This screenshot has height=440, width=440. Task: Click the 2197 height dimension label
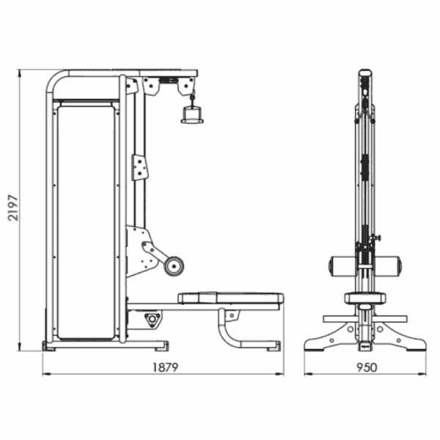13,208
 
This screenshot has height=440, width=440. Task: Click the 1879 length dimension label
165,367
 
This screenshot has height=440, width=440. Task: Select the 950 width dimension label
367,367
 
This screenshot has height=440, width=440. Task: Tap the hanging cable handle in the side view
192,114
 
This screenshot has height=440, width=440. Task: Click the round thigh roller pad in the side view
174,266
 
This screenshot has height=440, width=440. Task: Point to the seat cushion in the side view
231,298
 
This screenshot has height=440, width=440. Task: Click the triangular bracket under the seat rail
153,320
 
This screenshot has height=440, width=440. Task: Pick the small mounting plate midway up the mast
139,167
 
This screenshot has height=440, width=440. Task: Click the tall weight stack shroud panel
86,222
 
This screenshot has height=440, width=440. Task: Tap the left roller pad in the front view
342,265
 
